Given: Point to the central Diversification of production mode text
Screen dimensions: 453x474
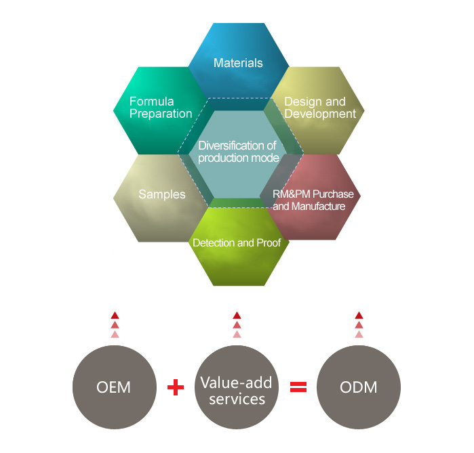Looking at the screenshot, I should [238, 151].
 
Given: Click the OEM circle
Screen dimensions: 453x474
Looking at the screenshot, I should [113, 388].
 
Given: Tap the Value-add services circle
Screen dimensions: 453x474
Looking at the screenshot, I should [236, 388].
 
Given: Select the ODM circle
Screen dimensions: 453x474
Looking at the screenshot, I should [359, 388].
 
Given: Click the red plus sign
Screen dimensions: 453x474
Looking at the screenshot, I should [176, 387].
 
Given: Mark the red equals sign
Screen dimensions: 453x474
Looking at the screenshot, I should [298, 387].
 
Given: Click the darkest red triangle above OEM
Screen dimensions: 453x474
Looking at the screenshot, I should [115, 315].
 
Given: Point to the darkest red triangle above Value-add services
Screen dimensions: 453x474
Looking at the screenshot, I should [237, 315].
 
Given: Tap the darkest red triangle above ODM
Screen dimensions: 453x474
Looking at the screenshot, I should [359, 315].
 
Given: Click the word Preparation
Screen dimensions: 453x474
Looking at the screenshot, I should [161, 114].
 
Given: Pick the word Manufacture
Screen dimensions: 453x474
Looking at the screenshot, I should [319, 206].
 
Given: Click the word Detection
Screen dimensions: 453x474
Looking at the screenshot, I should [212, 242].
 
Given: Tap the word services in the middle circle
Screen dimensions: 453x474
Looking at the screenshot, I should [236, 399].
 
